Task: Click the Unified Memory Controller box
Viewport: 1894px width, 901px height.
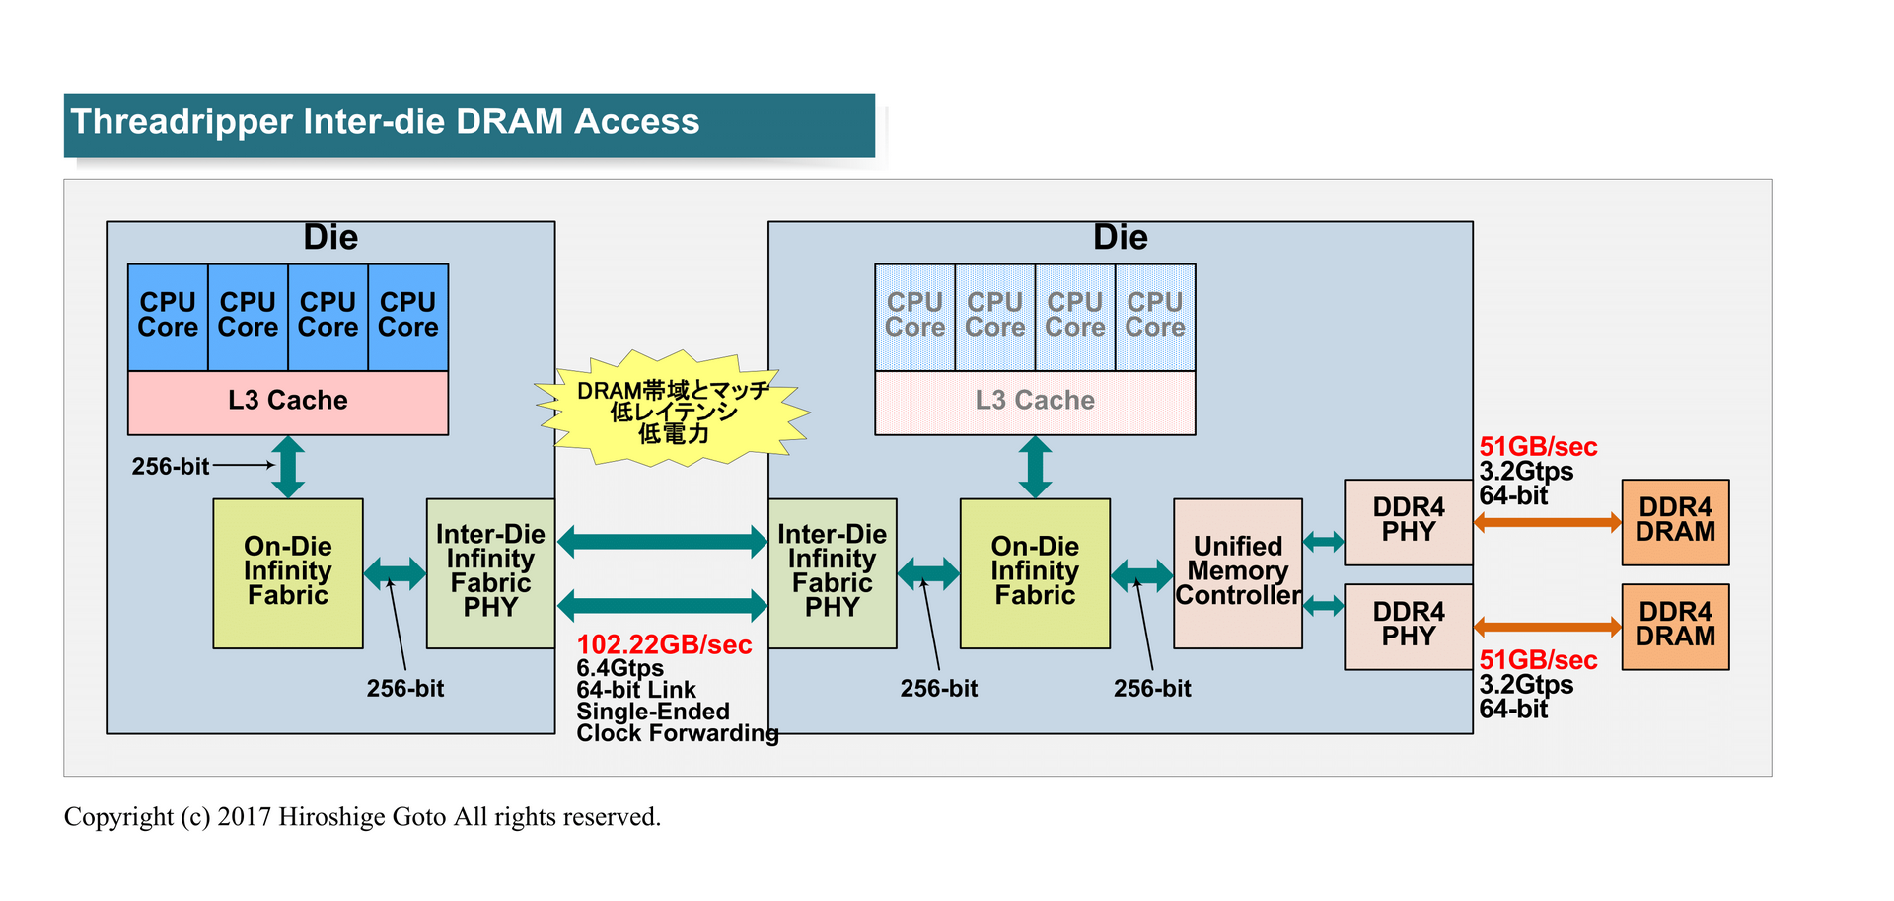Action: tap(1237, 572)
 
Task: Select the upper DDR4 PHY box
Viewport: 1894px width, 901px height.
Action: tap(1408, 521)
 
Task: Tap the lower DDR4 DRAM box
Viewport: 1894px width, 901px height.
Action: tap(1675, 626)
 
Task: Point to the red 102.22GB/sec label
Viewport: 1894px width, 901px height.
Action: tap(664, 644)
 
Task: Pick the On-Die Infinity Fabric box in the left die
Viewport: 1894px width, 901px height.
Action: tap(287, 572)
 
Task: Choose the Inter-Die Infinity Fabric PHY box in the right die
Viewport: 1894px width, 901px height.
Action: tap(832, 572)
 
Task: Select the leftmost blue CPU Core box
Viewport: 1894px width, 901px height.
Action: tap(168, 316)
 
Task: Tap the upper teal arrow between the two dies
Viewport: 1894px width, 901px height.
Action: tap(662, 541)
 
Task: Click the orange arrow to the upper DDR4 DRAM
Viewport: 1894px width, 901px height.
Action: tap(1547, 522)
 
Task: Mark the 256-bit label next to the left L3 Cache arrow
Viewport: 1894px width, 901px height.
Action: tap(170, 466)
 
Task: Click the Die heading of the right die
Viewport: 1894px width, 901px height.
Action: tap(1120, 238)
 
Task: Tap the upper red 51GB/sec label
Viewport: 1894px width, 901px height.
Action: tap(1537, 447)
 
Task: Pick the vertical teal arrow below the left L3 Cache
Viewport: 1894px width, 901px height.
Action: tap(287, 467)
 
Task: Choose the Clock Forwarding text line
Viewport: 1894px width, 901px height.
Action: tap(677, 733)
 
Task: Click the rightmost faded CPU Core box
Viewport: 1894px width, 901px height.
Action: tap(1154, 316)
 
